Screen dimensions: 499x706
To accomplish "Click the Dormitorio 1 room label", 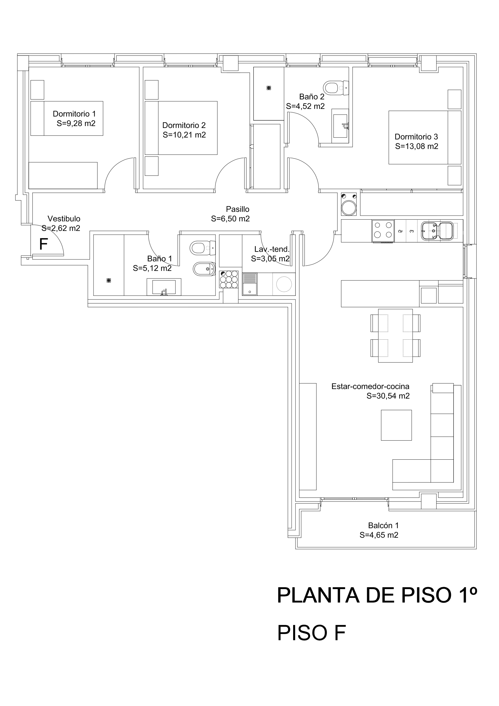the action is (74, 114).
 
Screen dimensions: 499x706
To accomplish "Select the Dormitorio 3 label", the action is (416, 137).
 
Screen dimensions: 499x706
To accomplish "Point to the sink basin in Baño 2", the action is (340, 126).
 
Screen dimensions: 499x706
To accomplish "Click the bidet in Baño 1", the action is (204, 269).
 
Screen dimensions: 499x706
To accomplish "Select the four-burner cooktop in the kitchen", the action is (383, 231).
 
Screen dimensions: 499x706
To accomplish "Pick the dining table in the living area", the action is (396, 335).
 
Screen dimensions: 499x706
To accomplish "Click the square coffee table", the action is (396, 425).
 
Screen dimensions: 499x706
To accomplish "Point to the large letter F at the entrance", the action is (43, 244).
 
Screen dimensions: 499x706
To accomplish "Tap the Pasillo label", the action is (238, 209).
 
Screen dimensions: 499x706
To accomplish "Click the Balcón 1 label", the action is (383, 525).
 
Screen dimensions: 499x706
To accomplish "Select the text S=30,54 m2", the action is (388, 396).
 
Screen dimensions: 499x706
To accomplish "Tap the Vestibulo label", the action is (64, 219).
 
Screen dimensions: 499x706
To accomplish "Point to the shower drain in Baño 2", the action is (269, 88).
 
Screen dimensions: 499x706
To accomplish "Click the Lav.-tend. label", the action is (272, 249).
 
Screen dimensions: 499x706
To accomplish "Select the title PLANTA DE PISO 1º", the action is (377, 595).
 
